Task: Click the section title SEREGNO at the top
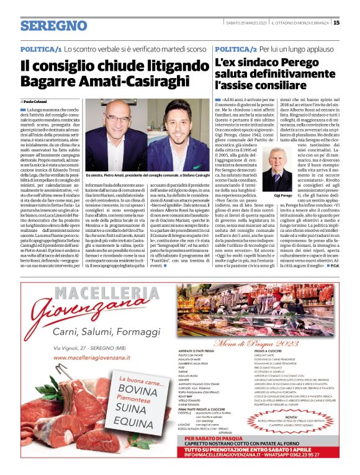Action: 53,25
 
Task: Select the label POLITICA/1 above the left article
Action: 41,48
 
